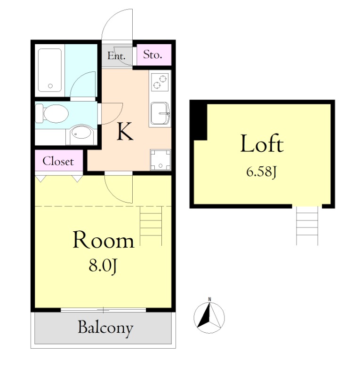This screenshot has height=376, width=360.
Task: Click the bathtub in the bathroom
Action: coord(50,70)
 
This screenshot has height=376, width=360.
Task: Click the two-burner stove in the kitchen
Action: coord(160,82)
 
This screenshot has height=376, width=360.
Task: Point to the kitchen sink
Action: coord(160,114)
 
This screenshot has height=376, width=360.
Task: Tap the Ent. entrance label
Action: coord(117,56)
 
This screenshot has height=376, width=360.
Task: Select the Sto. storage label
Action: coord(152,55)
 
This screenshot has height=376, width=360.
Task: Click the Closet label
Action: coord(58,161)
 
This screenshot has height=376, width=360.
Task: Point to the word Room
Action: coord(103,240)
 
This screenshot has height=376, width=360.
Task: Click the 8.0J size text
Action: coord(103,266)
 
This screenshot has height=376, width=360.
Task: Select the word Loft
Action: coord(262,143)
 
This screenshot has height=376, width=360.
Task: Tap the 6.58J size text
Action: coord(261,172)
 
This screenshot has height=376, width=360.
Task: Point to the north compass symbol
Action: coord(209,316)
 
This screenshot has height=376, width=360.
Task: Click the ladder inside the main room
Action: coord(151,226)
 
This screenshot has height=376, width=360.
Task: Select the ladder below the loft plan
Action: coord(307,226)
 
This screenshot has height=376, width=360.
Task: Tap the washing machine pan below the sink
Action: coord(160,160)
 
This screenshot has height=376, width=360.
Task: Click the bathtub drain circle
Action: coord(50,86)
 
